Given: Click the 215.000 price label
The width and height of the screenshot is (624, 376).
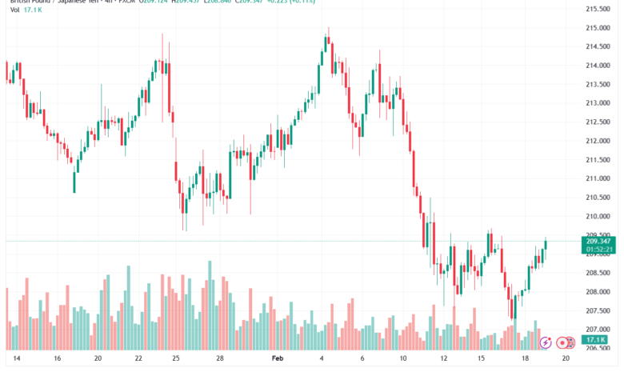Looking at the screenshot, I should coord(598,28).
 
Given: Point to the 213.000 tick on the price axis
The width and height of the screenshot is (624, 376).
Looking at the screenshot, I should coord(598,103).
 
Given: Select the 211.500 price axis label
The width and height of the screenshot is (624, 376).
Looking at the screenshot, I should coord(598,160).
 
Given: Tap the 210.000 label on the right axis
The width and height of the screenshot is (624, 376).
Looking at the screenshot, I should coord(598,216).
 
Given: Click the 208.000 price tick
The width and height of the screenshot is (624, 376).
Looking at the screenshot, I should coord(598,291).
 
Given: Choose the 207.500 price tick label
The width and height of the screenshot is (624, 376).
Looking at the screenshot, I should coord(598,310).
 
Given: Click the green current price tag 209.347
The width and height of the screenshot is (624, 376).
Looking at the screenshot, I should coord(599,242).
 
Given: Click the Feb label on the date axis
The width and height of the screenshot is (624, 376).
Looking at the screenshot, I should coord(277,360).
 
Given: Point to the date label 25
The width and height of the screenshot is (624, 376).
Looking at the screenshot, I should coord(176,360).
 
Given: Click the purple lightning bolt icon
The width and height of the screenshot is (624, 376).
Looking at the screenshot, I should coord(546,342).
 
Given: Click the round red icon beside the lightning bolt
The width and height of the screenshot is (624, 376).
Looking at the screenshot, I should coord(563,342).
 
